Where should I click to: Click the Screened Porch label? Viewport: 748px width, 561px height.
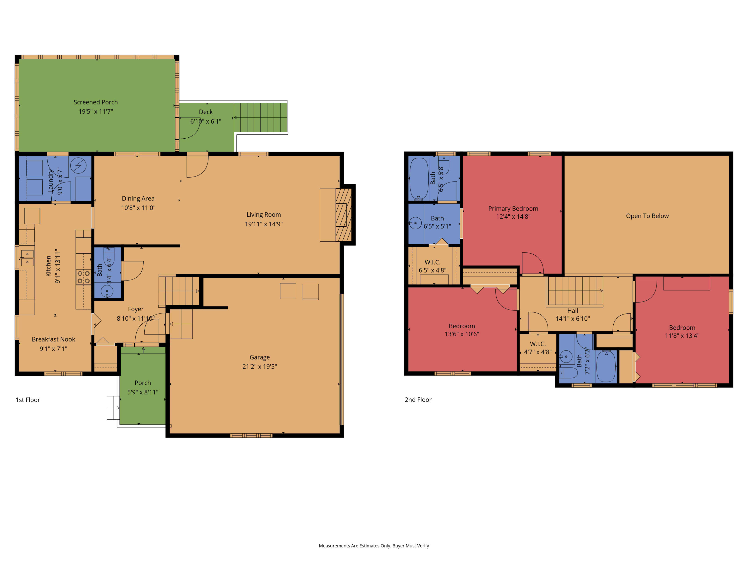tap(96, 102)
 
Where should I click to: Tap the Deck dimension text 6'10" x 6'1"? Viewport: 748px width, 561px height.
tap(206, 121)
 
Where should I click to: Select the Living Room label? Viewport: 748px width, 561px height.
tap(264, 215)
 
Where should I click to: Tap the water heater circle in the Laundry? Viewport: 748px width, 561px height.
tap(78, 166)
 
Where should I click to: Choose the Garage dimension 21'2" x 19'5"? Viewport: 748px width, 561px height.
tap(259, 367)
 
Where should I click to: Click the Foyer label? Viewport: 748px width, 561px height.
tap(136, 309)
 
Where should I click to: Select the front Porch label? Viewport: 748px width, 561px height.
tap(143, 383)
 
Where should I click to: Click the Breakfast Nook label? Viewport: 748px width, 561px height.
tap(53, 339)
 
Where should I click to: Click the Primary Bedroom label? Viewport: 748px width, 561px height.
tap(513, 209)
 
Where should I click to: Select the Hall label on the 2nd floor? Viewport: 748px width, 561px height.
tap(572, 311)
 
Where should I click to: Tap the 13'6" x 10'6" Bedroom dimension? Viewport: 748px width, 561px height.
tap(462, 334)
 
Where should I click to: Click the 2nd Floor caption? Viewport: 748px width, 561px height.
tap(418, 400)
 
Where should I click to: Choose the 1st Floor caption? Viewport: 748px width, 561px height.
tap(28, 400)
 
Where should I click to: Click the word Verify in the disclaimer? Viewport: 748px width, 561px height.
tap(423, 546)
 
